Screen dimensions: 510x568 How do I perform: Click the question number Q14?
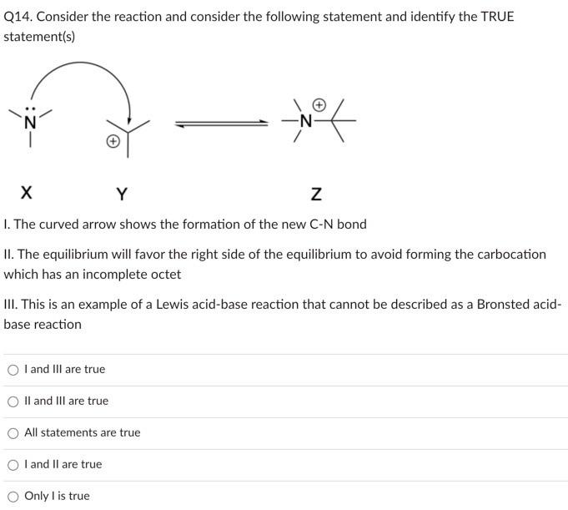click(x=19, y=17)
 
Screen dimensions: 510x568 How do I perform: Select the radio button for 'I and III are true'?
click(x=13, y=369)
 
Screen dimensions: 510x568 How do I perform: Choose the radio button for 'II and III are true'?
click(x=13, y=401)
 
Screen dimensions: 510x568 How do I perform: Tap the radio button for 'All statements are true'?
click(x=13, y=432)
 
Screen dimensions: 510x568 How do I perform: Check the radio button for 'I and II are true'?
click(x=13, y=464)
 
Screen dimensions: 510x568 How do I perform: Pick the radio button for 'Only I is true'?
click(x=13, y=496)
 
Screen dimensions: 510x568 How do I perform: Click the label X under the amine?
click(x=27, y=194)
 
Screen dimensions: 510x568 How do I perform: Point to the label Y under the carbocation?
click(x=122, y=194)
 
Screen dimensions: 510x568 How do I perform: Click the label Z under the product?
click(x=315, y=194)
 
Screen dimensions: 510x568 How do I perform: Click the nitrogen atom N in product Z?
click(x=306, y=122)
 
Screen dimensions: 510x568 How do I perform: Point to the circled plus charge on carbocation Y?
click(x=112, y=143)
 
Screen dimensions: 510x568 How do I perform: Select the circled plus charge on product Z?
click(x=319, y=105)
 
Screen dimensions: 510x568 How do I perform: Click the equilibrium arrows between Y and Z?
click(x=221, y=123)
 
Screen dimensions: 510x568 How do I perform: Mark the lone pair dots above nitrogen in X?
click(x=30, y=108)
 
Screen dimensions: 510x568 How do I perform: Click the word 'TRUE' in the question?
click(x=496, y=17)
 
